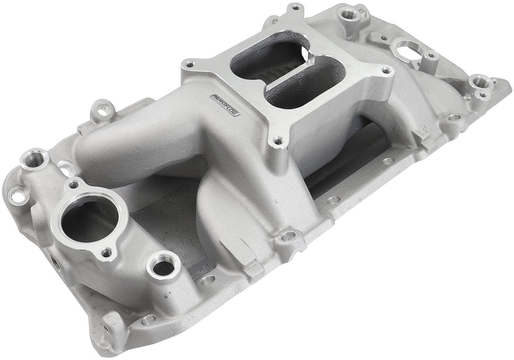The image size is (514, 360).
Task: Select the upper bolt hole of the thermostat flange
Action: [74, 185]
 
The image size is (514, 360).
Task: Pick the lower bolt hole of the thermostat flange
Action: [106, 253]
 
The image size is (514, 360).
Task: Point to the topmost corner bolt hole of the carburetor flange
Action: [296, 7]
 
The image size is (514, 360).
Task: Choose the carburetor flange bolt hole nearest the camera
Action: [279, 140]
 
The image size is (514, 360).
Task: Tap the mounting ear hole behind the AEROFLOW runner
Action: [103, 110]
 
